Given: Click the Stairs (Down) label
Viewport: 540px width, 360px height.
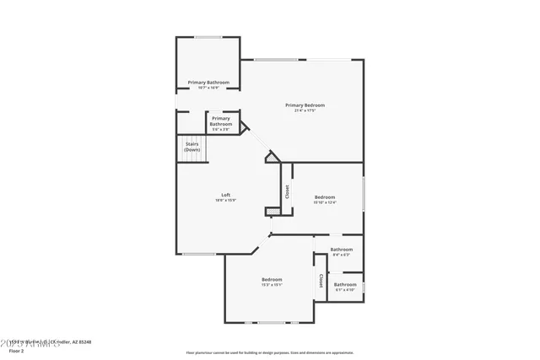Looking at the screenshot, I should pyautogui.click(x=192, y=147).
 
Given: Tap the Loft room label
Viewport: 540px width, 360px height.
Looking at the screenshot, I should pyautogui.click(x=226, y=195).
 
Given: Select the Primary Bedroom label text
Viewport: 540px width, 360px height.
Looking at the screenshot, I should pyautogui.click(x=305, y=105).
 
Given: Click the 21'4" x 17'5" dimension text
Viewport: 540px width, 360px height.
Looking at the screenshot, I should pyautogui.click(x=305, y=110).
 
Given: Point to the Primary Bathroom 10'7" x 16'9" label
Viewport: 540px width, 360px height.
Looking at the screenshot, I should pyautogui.click(x=208, y=84).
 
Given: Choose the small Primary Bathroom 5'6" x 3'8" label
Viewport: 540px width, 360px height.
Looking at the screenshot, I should pyautogui.click(x=221, y=124).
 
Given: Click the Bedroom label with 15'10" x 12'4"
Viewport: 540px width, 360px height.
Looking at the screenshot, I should pyautogui.click(x=325, y=199).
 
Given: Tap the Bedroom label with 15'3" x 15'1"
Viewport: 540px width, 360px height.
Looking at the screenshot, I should pyautogui.click(x=272, y=282).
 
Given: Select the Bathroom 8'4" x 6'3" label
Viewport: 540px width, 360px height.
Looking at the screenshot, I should pyautogui.click(x=342, y=251).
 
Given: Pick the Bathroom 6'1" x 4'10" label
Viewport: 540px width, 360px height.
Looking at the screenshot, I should pyautogui.click(x=345, y=287).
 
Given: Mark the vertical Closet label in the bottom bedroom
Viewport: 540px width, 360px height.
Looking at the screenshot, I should pyautogui.click(x=321, y=281).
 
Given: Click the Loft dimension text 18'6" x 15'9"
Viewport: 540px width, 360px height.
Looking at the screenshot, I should pyautogui.click(x=226, y=201).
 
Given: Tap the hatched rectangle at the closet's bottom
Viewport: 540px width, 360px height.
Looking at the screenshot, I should pyautogui.click(x=273, y=211).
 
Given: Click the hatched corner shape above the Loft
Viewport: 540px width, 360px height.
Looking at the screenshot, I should pyautogui.click(x=272, y=157).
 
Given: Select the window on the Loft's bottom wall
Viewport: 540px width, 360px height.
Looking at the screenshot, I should pyautogui.click(x=199, y=254).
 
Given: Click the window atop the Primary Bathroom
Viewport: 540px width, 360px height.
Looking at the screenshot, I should pyautogui.click(x=208, y=37).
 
